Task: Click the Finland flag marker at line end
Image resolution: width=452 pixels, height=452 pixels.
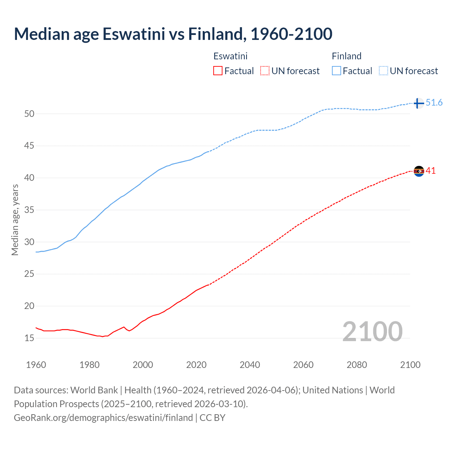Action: pos(418,103)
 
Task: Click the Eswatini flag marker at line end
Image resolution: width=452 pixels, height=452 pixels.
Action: pos(419,171)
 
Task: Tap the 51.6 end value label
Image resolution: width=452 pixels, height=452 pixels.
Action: pos(434,103)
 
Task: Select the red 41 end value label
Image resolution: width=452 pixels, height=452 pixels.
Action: pos(431,171)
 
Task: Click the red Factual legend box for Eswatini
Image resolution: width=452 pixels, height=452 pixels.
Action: pos(218,71)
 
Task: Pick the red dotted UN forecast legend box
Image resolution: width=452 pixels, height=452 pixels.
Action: pos(265,71)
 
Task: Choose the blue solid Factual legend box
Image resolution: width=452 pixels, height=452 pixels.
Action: pos(337,71)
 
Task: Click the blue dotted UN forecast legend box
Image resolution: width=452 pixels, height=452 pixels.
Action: pos(383,71)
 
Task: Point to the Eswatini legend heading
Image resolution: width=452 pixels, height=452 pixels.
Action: pos(230,56)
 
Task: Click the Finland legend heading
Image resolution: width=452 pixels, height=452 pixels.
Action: pos(346,56)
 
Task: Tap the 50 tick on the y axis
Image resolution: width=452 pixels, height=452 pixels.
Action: pos(29,114)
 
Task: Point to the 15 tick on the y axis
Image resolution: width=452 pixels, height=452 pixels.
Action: pos(29,338)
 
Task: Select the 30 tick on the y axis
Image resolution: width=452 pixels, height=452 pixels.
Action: pos(29,242)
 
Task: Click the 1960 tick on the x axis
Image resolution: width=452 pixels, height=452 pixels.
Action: pos(36,365)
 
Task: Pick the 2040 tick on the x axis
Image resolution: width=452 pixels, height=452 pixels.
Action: pos(250,365)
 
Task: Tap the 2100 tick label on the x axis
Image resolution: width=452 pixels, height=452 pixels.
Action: pos(410,365)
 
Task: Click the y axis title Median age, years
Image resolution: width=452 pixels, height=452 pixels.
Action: pos(15,220)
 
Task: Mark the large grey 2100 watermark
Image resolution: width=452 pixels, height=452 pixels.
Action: pos(373,331)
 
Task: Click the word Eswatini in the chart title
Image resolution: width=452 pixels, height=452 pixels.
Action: pos(134,34)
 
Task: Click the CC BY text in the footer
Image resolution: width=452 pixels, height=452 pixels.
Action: pos(213,418)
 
